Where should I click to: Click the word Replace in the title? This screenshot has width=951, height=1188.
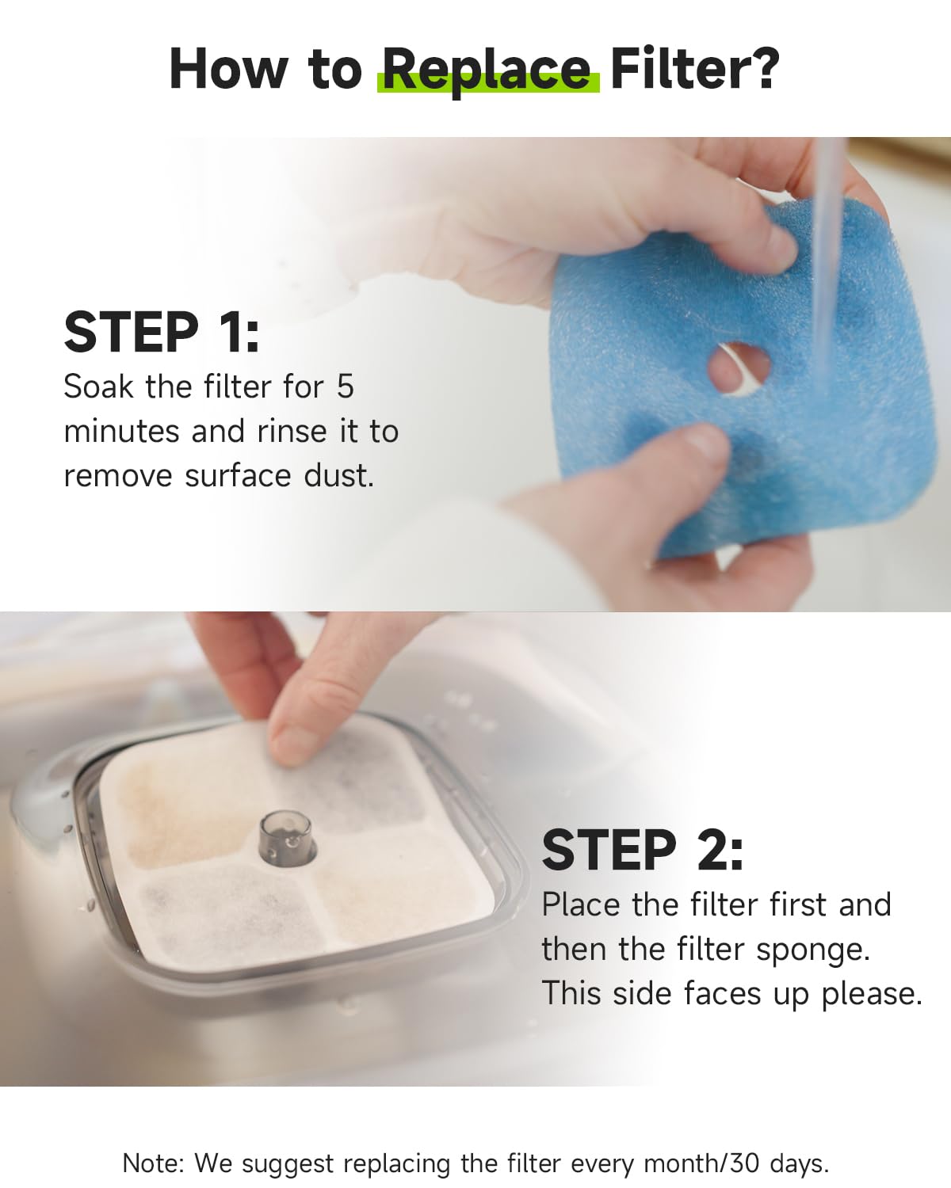(x=487, y=70)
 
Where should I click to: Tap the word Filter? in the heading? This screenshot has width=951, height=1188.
(x=695, y=68)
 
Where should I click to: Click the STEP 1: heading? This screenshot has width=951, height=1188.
(x=162, y=332)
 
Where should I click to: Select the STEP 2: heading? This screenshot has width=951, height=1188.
(x=642, y=850)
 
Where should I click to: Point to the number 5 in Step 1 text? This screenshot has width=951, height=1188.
(x=345, y=386)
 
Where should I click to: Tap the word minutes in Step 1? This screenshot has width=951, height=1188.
(x=121, y=431)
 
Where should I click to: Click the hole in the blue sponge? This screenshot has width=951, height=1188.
(x=739, y=367)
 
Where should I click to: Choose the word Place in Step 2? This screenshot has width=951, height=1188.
(x=581, y=905)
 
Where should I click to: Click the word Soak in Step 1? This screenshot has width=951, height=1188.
(x=98, y=386)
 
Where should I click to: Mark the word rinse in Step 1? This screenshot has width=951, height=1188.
(x=292, y=431)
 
